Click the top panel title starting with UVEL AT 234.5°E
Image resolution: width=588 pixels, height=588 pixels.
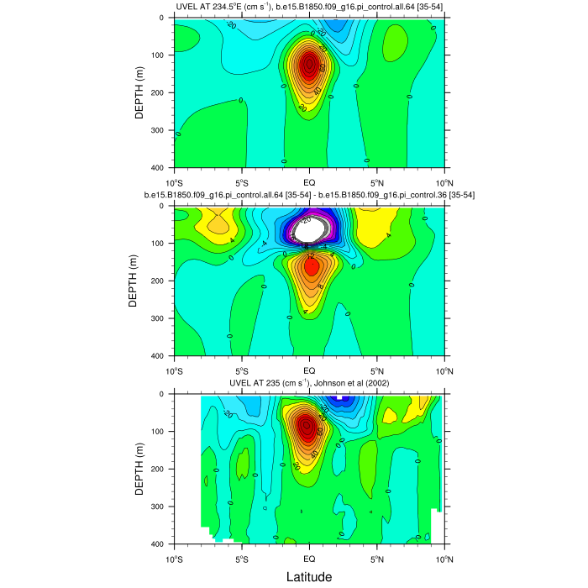click(309, 8)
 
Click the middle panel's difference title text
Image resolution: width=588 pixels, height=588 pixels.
click(309, 196)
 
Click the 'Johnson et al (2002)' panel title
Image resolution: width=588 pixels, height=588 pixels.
click(309, 385)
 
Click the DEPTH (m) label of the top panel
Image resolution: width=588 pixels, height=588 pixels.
click(139, 92)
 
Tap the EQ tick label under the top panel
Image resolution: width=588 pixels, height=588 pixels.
click(309, 181)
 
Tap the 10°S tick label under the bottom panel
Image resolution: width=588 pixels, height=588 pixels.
click(175, 558)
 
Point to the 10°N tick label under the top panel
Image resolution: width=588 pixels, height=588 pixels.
click(444, 181)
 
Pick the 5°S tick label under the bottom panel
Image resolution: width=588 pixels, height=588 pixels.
click(242, 558)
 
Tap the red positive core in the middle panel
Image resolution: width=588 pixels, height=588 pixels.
click(311, 266)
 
